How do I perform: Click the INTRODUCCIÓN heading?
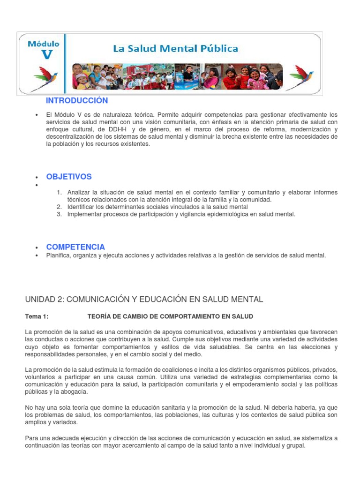tap(77, 101)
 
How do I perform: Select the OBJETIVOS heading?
tap(69, 177)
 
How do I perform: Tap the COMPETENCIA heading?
tap(75, 247)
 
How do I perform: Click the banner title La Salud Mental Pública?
tap(175, 48)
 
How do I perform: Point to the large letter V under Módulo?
tap(47, 55)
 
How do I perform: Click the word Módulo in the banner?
tap(44, 44)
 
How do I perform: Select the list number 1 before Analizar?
tap(59, 193)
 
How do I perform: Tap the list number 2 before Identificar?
tap(59, 207)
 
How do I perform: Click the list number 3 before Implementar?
tap(59, 214)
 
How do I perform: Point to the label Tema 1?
tap(37, 317)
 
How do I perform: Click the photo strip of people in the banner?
tap(177, 76)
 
